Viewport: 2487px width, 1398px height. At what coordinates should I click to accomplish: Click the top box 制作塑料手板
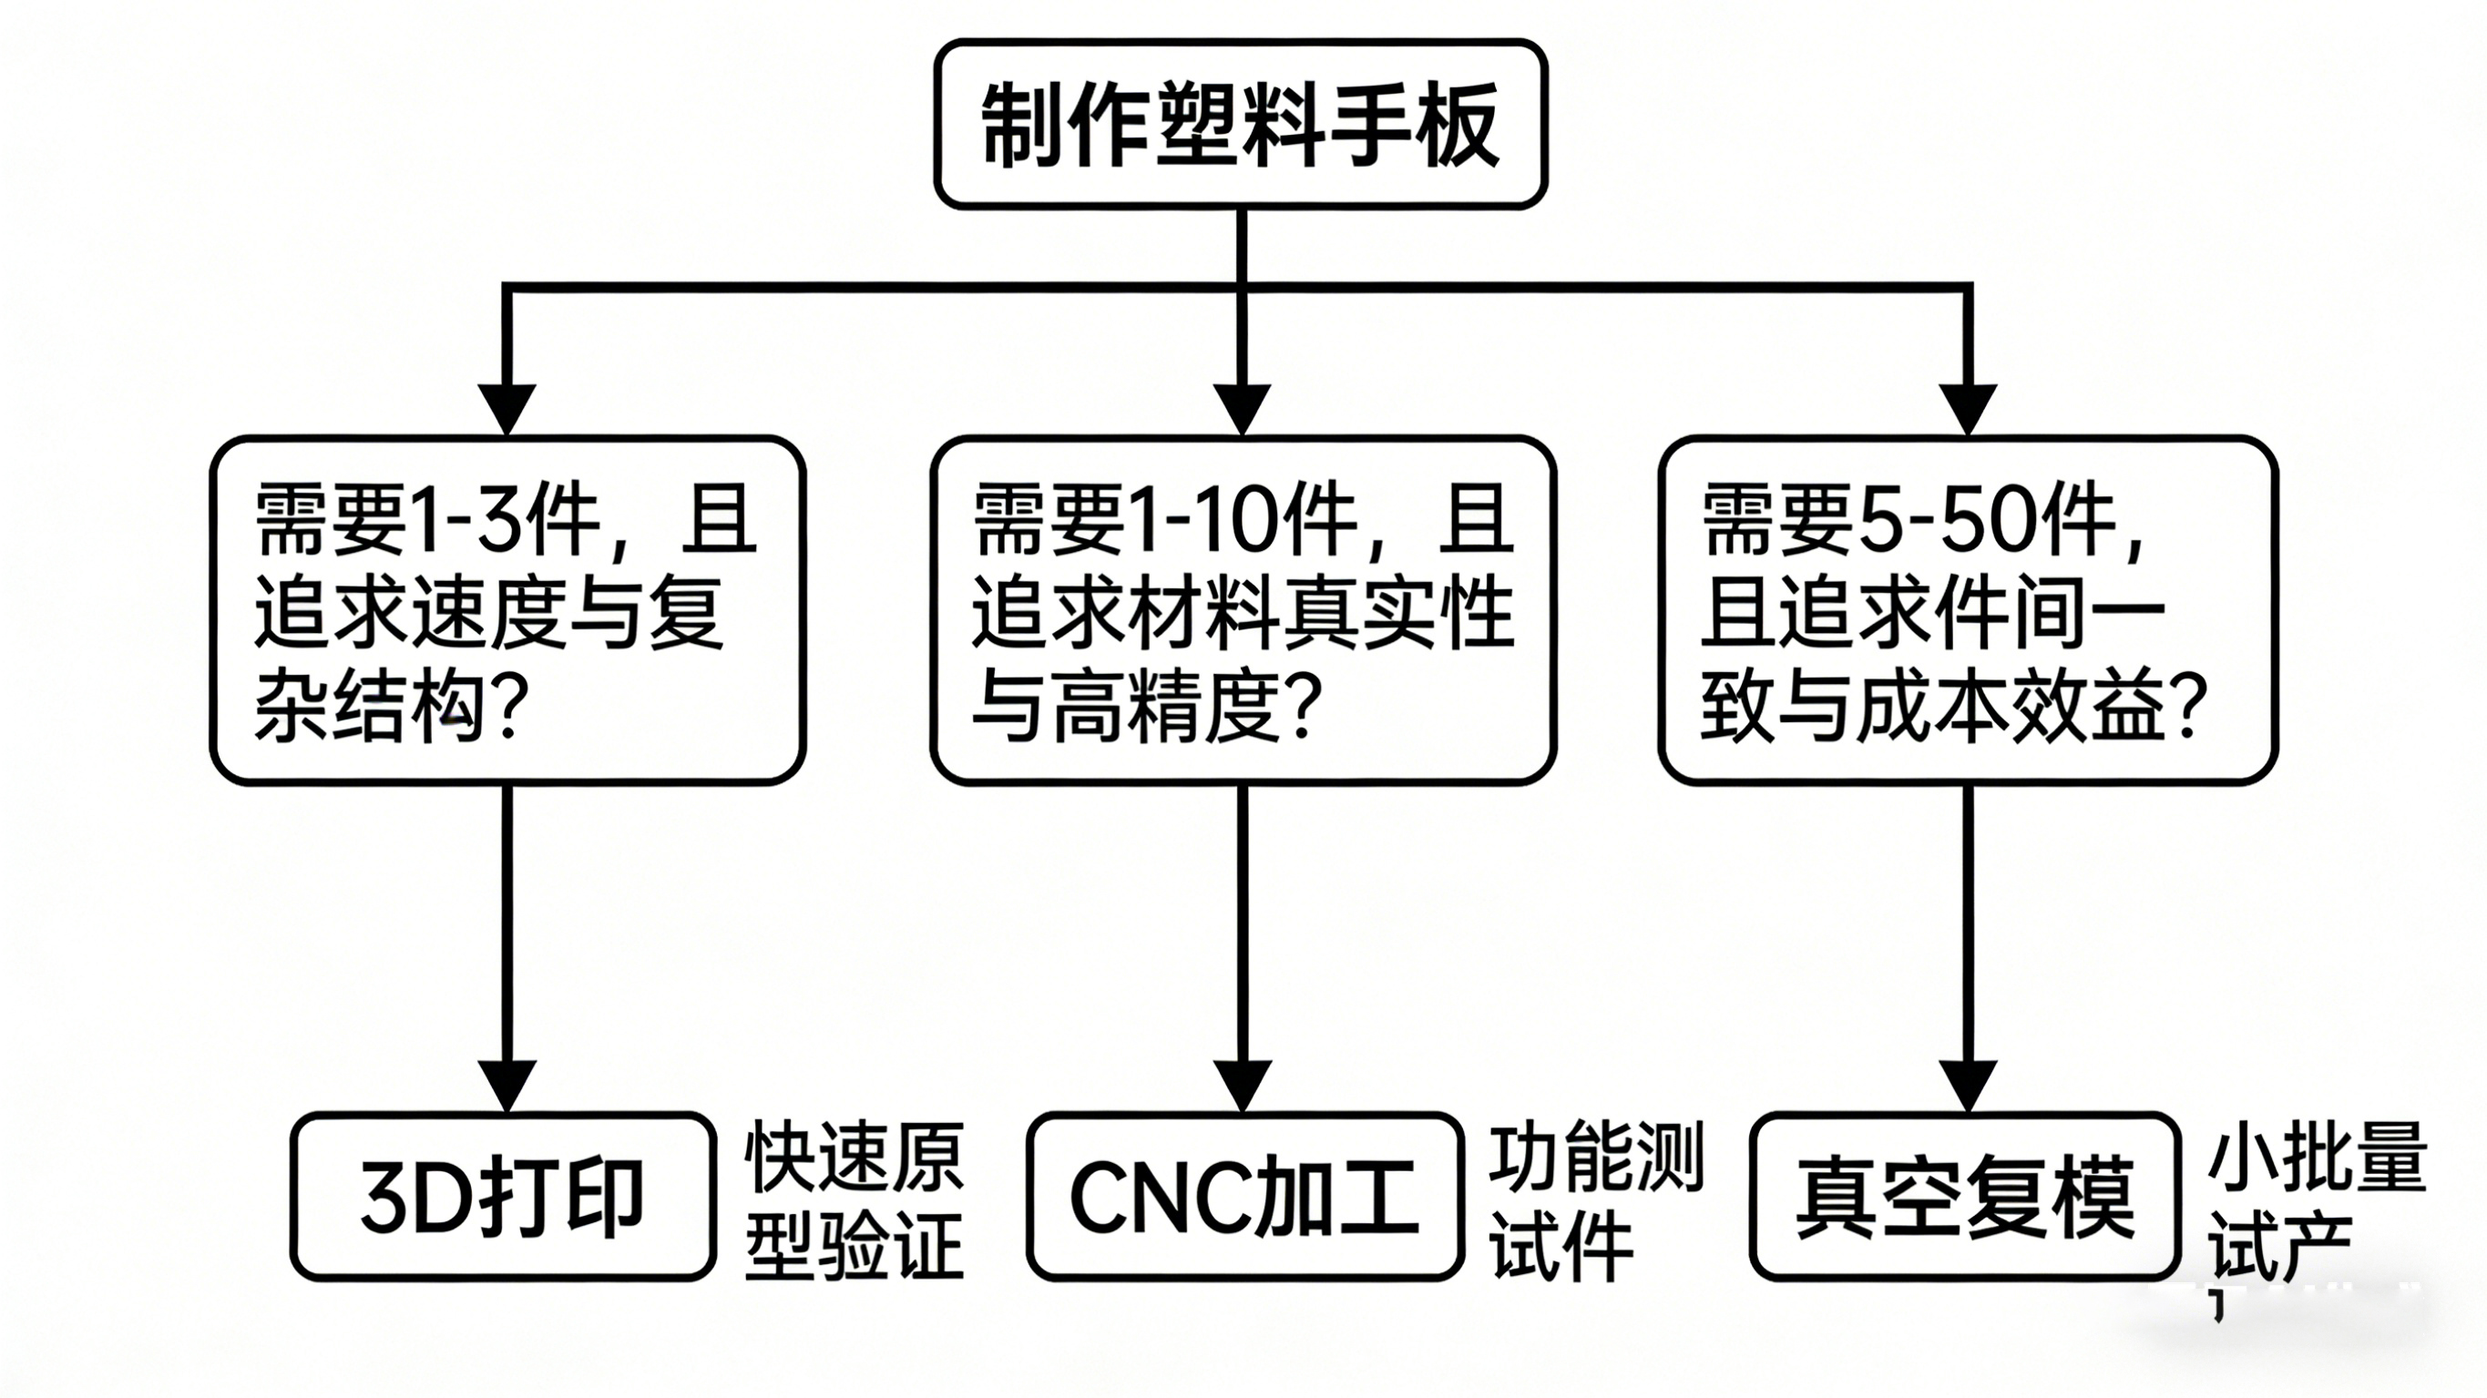[x=1241, y=125]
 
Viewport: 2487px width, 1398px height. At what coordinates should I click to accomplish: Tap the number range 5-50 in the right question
[x=1940, y=521]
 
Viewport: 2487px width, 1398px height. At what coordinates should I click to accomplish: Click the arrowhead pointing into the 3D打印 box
[x=507, y=1086]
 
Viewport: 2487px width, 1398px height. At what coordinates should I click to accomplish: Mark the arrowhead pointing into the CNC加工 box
[x=1242, y=1086]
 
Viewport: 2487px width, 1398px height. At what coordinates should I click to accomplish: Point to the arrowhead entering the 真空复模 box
[x=1968, y=1086]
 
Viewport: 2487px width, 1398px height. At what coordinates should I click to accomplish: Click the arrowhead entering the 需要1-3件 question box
[x=507, y=408]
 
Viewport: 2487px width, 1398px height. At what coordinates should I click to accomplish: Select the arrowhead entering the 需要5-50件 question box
[x=1968, y=408]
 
